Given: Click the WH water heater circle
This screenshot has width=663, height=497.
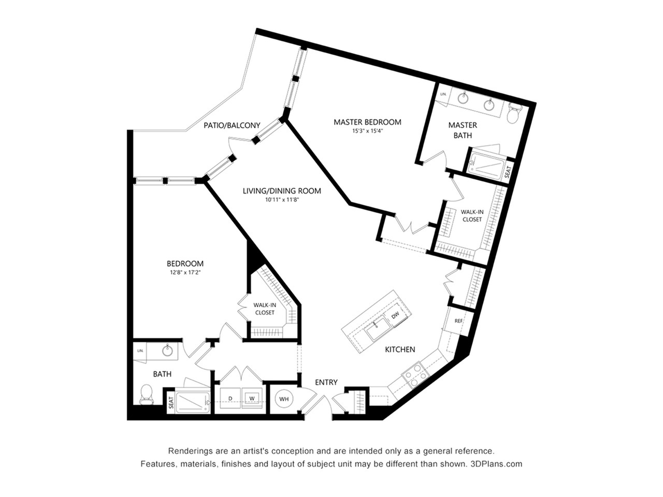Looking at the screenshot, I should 284,399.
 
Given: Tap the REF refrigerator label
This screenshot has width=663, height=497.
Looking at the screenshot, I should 458,321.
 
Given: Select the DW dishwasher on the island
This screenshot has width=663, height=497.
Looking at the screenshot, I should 395,315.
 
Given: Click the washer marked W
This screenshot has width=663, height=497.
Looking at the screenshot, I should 252,398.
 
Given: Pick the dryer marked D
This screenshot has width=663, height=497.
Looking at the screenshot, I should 229,398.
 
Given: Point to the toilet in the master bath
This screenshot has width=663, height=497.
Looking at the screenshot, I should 514,113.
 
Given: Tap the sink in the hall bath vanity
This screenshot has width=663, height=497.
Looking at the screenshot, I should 167,351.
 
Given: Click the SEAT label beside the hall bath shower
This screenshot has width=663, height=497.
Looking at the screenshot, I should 170,404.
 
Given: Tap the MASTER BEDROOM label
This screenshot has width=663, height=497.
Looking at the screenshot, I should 367,122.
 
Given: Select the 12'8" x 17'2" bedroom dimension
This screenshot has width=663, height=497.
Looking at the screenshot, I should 184,272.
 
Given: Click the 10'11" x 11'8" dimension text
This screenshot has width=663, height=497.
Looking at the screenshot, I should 282,199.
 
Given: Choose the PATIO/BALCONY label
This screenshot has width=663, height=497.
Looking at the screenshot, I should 232,125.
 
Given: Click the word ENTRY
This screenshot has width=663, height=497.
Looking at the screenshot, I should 326,382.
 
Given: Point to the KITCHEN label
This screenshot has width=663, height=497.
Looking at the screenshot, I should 400,349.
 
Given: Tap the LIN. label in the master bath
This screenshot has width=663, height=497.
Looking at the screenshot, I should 443,95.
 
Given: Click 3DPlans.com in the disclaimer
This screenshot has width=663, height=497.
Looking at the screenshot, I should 496,464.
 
